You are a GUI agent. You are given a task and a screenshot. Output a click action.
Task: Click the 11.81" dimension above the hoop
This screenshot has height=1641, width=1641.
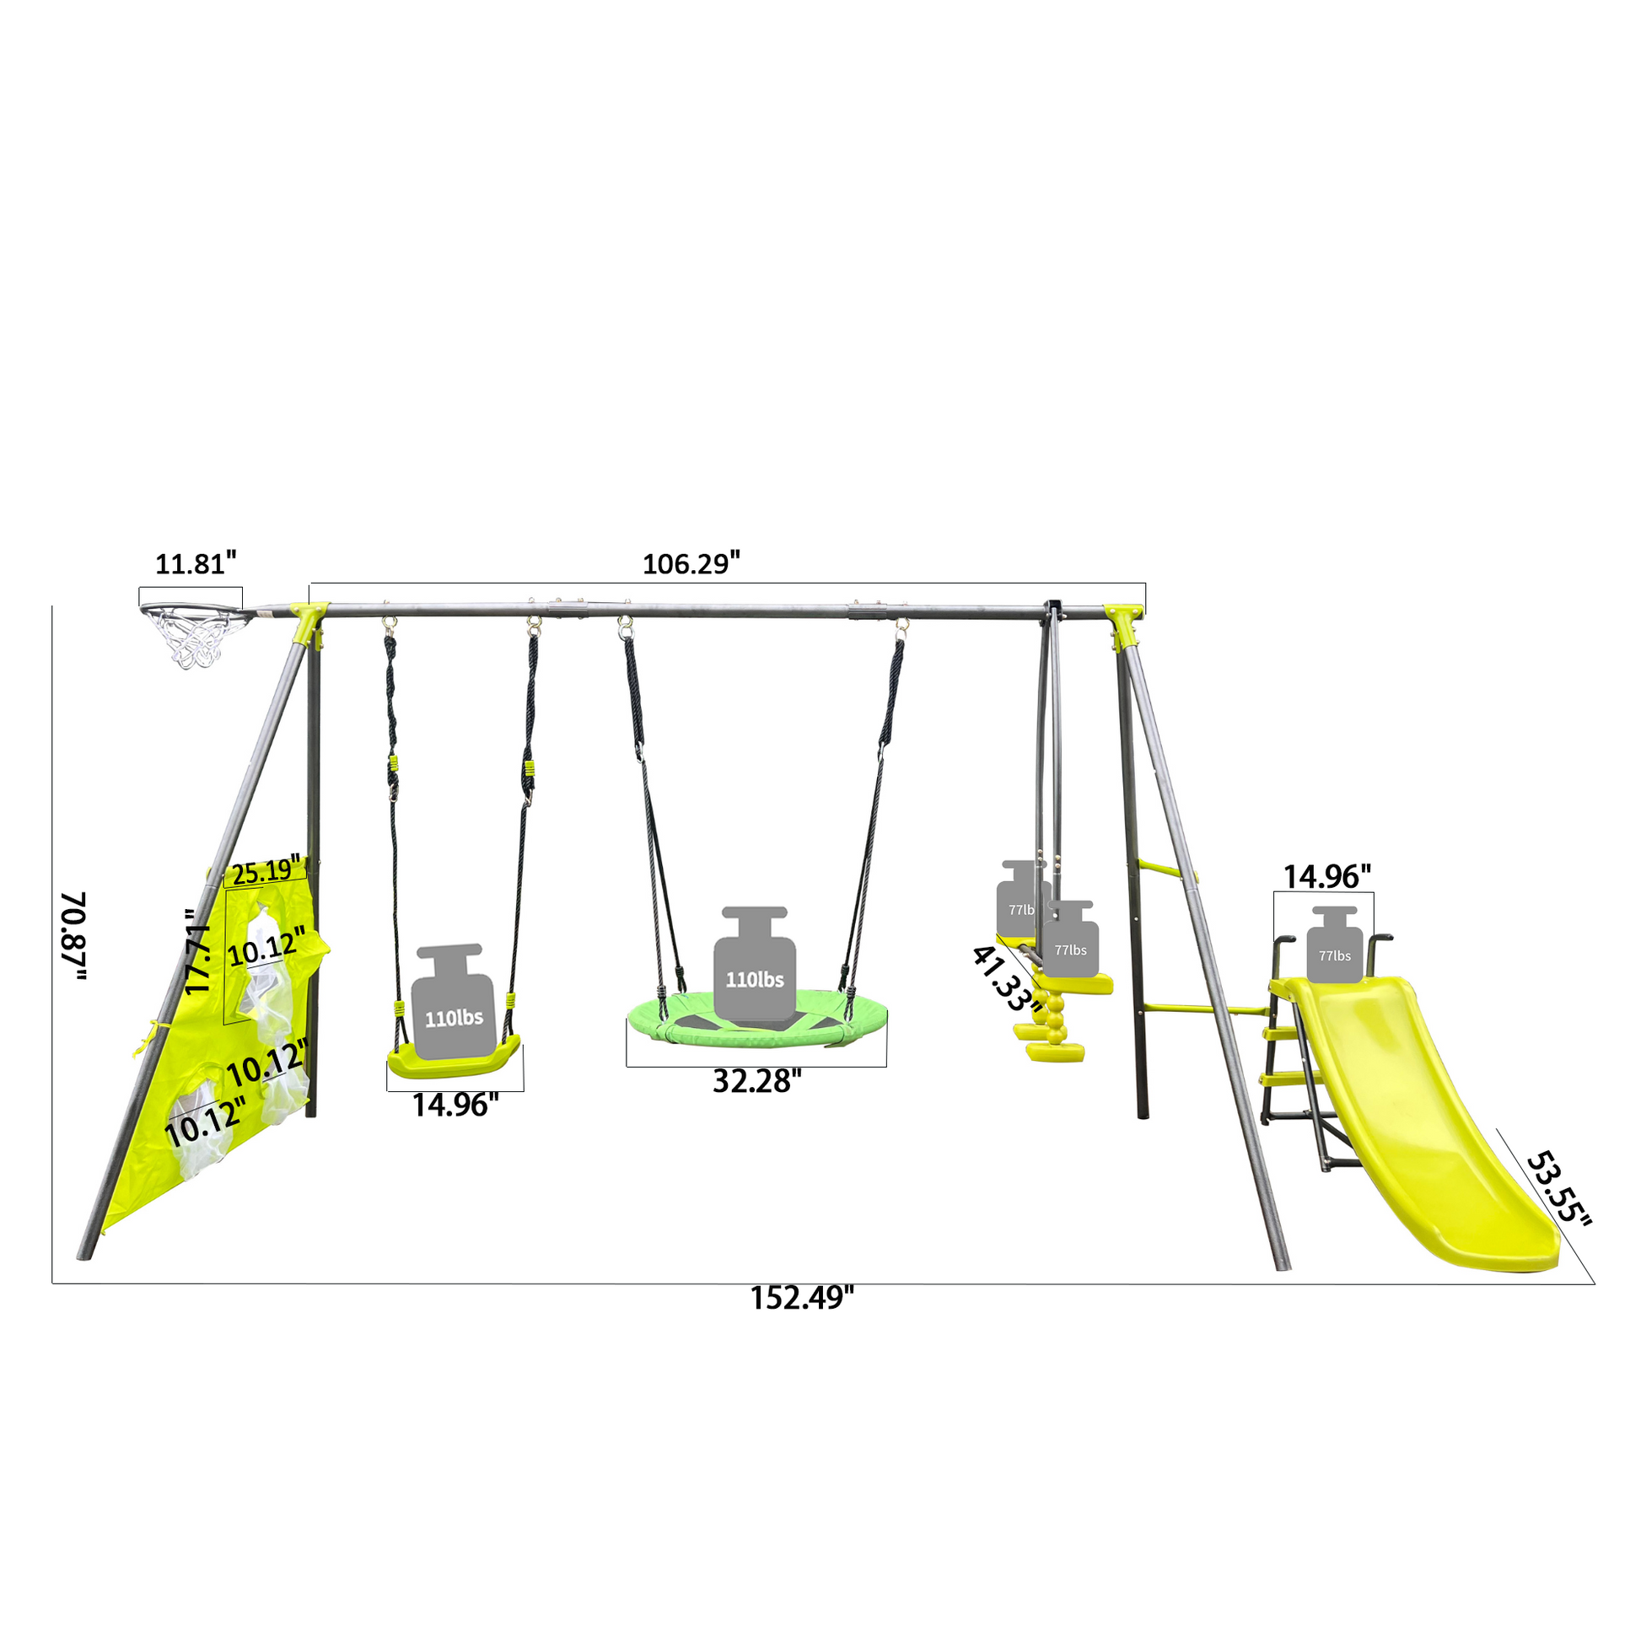pyautogui.click(x=195, y=564)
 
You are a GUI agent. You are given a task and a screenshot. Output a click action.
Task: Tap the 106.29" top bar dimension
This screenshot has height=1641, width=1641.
pyautogui.click(x=691, y=564)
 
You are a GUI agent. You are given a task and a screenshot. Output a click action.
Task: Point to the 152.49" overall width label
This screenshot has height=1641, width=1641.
pyautogui.click(x=800, y=1298)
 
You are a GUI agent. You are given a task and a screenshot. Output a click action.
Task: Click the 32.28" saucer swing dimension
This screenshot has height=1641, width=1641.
pyautogui.click(x=756, y=1081)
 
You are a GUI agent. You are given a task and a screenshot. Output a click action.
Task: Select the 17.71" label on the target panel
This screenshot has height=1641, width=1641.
pyautogui.click(x=198, y=951)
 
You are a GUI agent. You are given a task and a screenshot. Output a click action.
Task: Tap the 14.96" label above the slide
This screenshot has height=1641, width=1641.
pyautogui.click(x=1326, y=876)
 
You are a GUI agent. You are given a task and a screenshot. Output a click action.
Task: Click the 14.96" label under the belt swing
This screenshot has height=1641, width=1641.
pyautogui.click(x=455, y=1105)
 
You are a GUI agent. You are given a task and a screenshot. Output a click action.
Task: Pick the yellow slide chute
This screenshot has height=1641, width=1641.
pyautogui.click(x=1427, y=1130)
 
